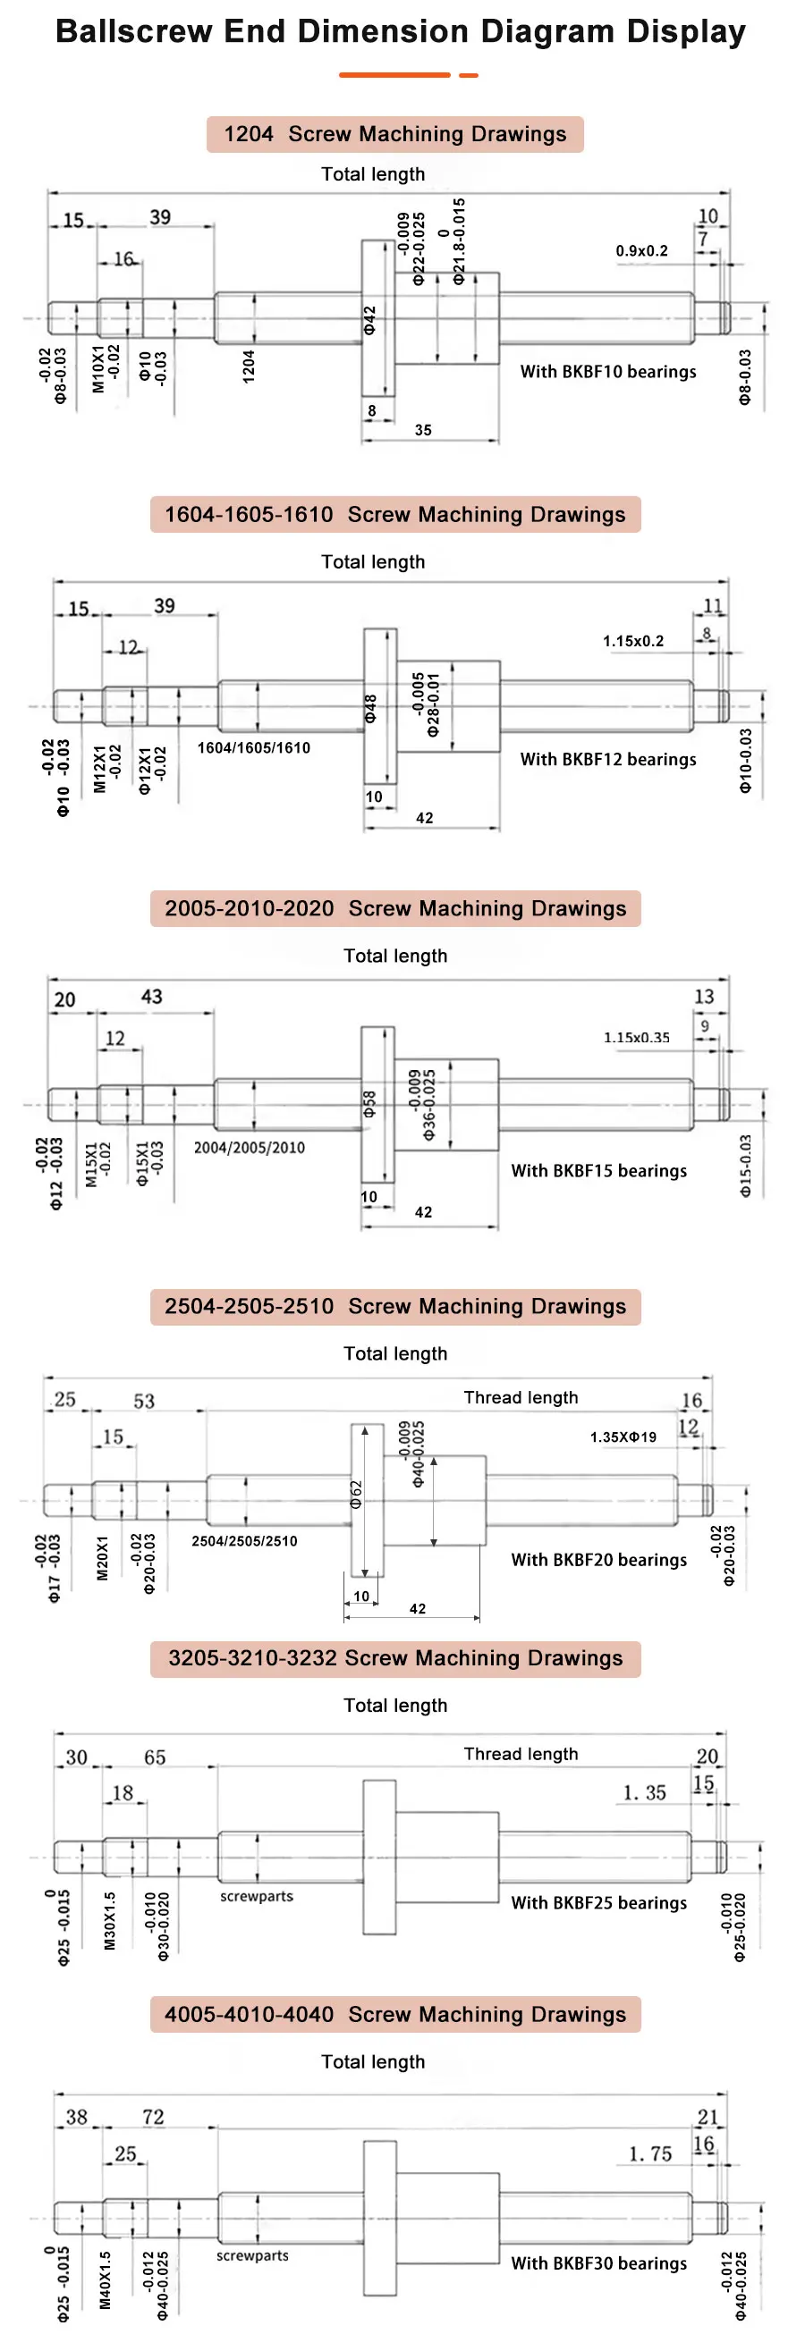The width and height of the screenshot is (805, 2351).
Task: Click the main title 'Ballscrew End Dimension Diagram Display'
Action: tap(401, 31)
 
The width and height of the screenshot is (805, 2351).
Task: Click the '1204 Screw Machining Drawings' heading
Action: tap(395, 134)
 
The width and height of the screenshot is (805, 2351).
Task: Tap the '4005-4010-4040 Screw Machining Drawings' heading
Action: tap(395, 2014)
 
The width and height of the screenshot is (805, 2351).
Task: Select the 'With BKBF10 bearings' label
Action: tap(608, 372)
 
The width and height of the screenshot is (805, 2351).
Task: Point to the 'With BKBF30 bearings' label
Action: tap(598, 2263)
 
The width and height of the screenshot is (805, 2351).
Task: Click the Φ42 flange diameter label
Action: tap(369, 320)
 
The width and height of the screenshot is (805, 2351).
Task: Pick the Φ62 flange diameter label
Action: tap(356, 1494)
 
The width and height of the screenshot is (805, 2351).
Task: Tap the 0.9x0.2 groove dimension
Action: tap(641, 251)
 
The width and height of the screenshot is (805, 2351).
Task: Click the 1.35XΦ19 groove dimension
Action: tap(623, 1437)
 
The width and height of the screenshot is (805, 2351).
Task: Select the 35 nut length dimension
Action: tap(423, 430)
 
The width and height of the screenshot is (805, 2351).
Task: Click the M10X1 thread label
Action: tap(98, 368)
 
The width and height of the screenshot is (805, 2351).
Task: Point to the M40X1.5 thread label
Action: tap(106, 2279)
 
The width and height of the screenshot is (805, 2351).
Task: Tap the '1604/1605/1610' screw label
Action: tap(254, 747)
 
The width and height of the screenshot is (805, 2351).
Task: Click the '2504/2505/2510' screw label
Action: tap(244, 1540)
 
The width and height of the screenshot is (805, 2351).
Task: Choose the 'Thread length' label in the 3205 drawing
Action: tap(521, 1753)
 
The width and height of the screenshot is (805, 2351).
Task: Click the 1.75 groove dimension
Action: tap(651, 2153)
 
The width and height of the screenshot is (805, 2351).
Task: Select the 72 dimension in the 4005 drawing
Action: tap(153, 2117)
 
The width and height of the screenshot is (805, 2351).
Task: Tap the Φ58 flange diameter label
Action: tap(369, 1104)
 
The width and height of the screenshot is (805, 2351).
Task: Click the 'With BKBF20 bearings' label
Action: tap(598, 1560)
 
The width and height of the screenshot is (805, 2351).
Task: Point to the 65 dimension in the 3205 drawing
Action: tap(155, 1757)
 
